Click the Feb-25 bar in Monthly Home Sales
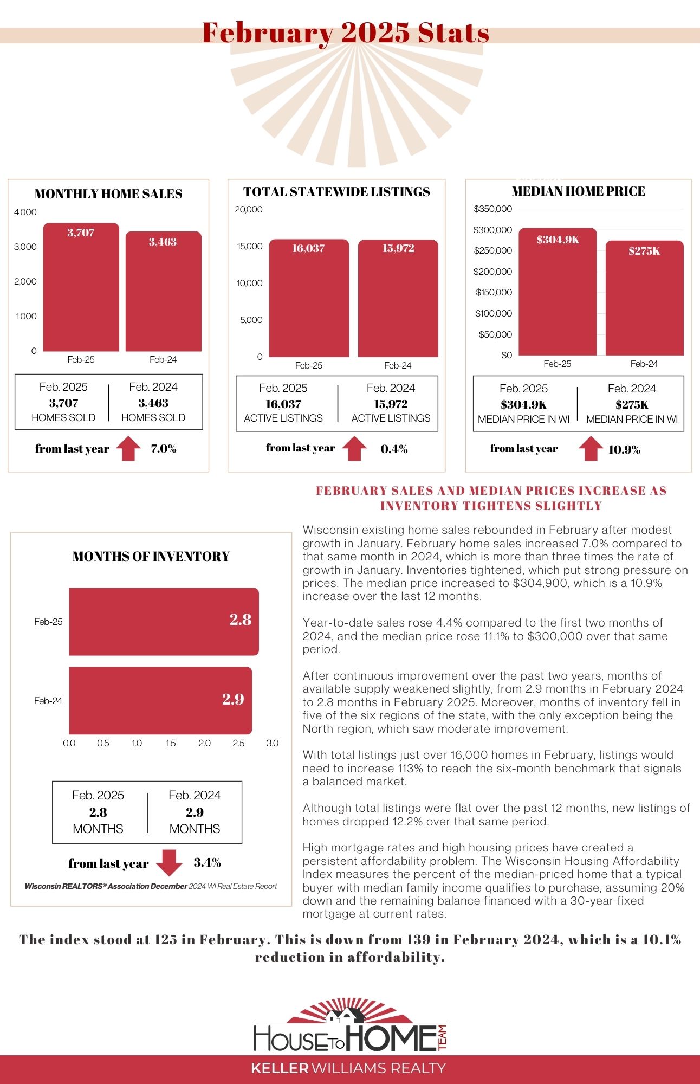81,287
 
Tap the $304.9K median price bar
558,293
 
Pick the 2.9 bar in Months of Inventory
160,700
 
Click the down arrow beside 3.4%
169,862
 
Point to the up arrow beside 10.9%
591,449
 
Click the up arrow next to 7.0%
128,448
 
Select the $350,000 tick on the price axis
492,209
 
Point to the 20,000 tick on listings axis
249,210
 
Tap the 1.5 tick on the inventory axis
171,743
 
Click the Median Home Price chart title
578,191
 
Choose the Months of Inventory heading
151,557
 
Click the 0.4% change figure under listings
394,449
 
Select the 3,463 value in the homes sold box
153,403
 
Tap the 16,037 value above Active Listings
283,404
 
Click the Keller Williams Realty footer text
348,1068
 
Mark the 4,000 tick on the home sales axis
25,212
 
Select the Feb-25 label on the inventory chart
48,622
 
